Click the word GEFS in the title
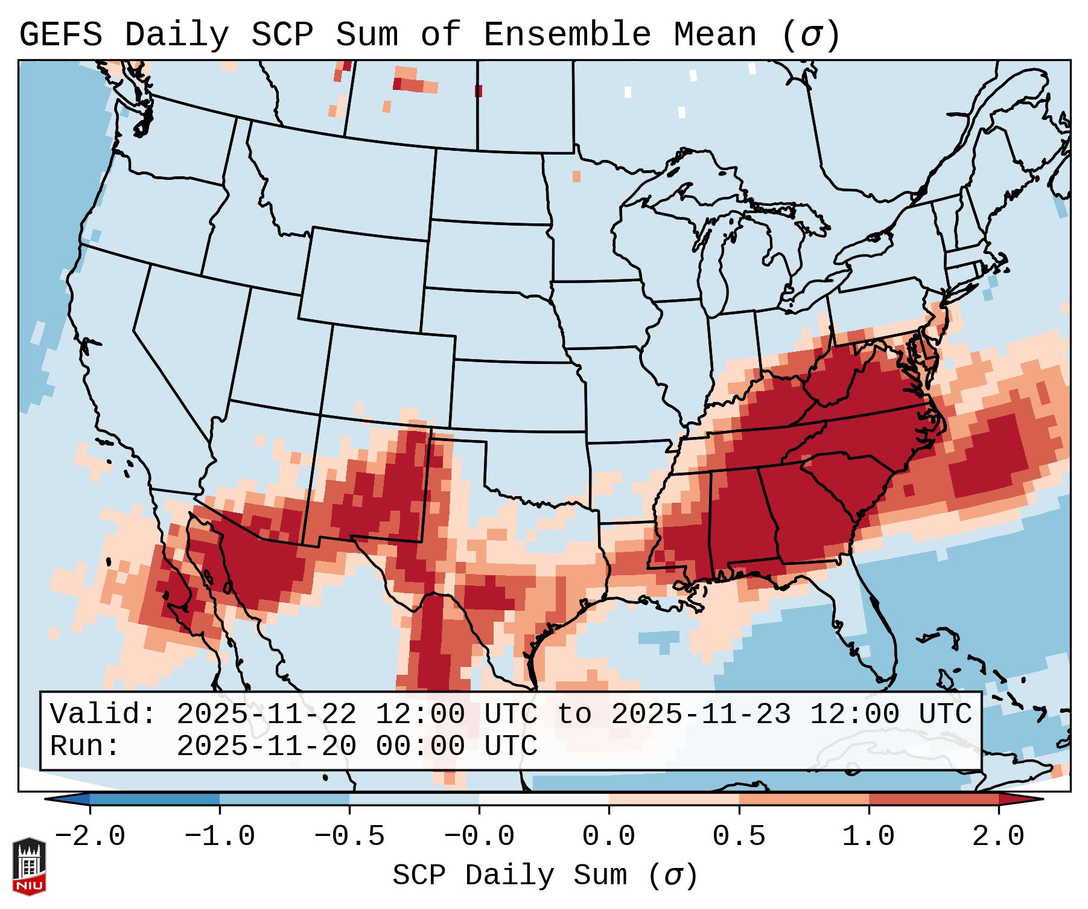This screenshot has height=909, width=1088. coord(60,35)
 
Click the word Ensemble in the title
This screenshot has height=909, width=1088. coord(567,35)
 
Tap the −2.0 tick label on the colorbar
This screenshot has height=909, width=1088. coord(90,837)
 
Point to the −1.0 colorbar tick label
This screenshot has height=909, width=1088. coord(220,837)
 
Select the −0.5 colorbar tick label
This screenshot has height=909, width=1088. coord(349,837)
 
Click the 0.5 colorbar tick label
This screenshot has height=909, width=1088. coord(739,837)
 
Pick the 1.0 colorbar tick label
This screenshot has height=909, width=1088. coord(869,837)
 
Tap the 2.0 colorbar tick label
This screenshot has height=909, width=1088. coord(999,837)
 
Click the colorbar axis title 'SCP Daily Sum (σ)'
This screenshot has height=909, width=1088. coord(545,876)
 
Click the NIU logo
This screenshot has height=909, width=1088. coord(29,866)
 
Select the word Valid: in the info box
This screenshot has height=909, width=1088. coord(103,714)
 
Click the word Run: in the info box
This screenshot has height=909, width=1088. coord(85,746)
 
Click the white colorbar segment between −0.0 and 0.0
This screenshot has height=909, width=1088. coord(544,799)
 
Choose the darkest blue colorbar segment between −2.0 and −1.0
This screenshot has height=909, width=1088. coord(154,799)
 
